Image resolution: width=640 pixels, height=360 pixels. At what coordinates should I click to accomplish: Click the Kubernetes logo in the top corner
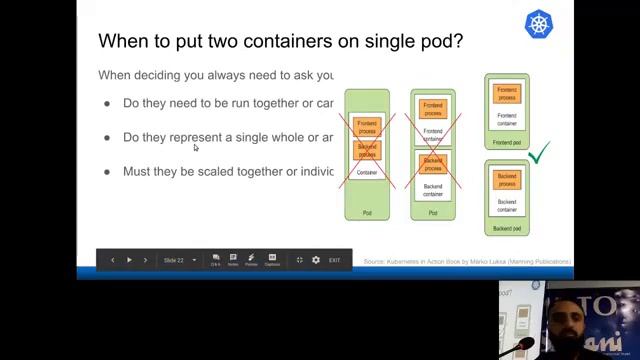point(539,25)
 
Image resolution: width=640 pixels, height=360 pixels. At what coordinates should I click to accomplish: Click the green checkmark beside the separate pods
point(539,153)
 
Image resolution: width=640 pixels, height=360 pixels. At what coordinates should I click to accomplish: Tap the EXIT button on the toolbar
point(334,260)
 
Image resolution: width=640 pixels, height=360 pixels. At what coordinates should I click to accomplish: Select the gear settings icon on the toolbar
point(316,260)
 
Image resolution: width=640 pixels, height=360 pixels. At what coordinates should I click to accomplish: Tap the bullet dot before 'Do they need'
point(107,104)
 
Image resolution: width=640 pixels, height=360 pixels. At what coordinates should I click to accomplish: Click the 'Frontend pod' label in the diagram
point(507,142)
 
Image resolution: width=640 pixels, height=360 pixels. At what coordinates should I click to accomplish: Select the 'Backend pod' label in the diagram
point(507,228)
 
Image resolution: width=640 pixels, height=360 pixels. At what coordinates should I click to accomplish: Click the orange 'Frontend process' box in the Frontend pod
point(507,94)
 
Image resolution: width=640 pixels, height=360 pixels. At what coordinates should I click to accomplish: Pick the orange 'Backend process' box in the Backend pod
point(507,180)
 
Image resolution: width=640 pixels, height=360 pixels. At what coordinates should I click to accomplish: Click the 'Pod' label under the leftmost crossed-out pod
point(367,212)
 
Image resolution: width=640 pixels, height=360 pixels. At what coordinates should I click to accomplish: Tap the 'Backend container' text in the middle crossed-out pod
point(433,189)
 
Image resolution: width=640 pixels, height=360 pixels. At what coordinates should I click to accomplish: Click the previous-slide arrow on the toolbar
point(112,260)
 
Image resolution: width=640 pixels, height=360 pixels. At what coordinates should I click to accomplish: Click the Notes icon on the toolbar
point(233,259)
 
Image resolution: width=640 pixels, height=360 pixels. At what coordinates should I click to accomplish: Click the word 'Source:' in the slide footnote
point(374,262)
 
